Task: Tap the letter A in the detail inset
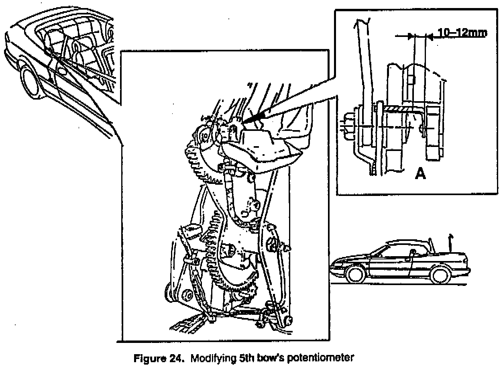point(420,173)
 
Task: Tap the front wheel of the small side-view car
point(356,274)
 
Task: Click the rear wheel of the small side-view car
point(440,275)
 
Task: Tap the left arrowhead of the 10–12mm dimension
point(410,36)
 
